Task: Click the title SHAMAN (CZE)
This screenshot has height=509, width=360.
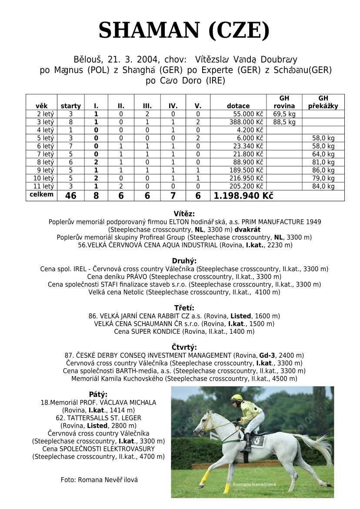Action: click(184, 30)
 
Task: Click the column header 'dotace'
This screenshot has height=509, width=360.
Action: click(238, 106)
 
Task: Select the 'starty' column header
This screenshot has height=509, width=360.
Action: click(70, 106)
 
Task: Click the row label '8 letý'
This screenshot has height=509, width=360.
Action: click(45, 162)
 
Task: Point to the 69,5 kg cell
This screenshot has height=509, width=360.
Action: click(284, 114)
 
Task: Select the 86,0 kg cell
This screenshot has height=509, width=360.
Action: click(323, 170)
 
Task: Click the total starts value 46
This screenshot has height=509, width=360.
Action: click(70, 196)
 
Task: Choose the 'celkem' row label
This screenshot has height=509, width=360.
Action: click(41, 194)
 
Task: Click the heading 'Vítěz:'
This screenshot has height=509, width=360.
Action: click(184, 214)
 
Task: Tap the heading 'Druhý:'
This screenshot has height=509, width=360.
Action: click(184, 261)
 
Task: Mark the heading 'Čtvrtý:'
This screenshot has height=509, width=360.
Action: click(184, 347)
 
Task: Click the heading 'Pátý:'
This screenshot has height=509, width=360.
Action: click(98, 394)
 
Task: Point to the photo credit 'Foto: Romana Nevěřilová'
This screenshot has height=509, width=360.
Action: click(99, 480)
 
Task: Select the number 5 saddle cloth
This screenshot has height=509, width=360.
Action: click(258, 441)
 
